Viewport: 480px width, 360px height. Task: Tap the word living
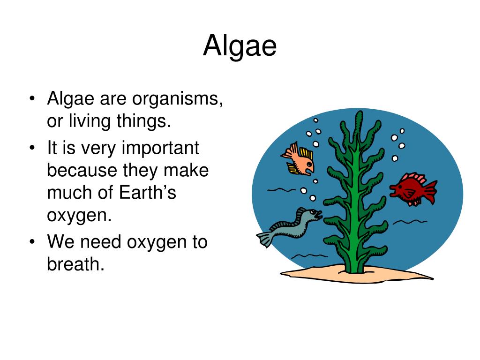[86, 121]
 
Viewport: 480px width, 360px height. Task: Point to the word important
[160, 148]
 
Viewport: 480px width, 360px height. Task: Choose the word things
[145, 121]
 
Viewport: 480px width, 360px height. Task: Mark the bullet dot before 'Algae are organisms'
[32, 99]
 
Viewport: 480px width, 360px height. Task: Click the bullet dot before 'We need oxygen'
[32, 242]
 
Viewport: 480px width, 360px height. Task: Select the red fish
[412, 188]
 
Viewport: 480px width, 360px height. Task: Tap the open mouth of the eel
[319, 215]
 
